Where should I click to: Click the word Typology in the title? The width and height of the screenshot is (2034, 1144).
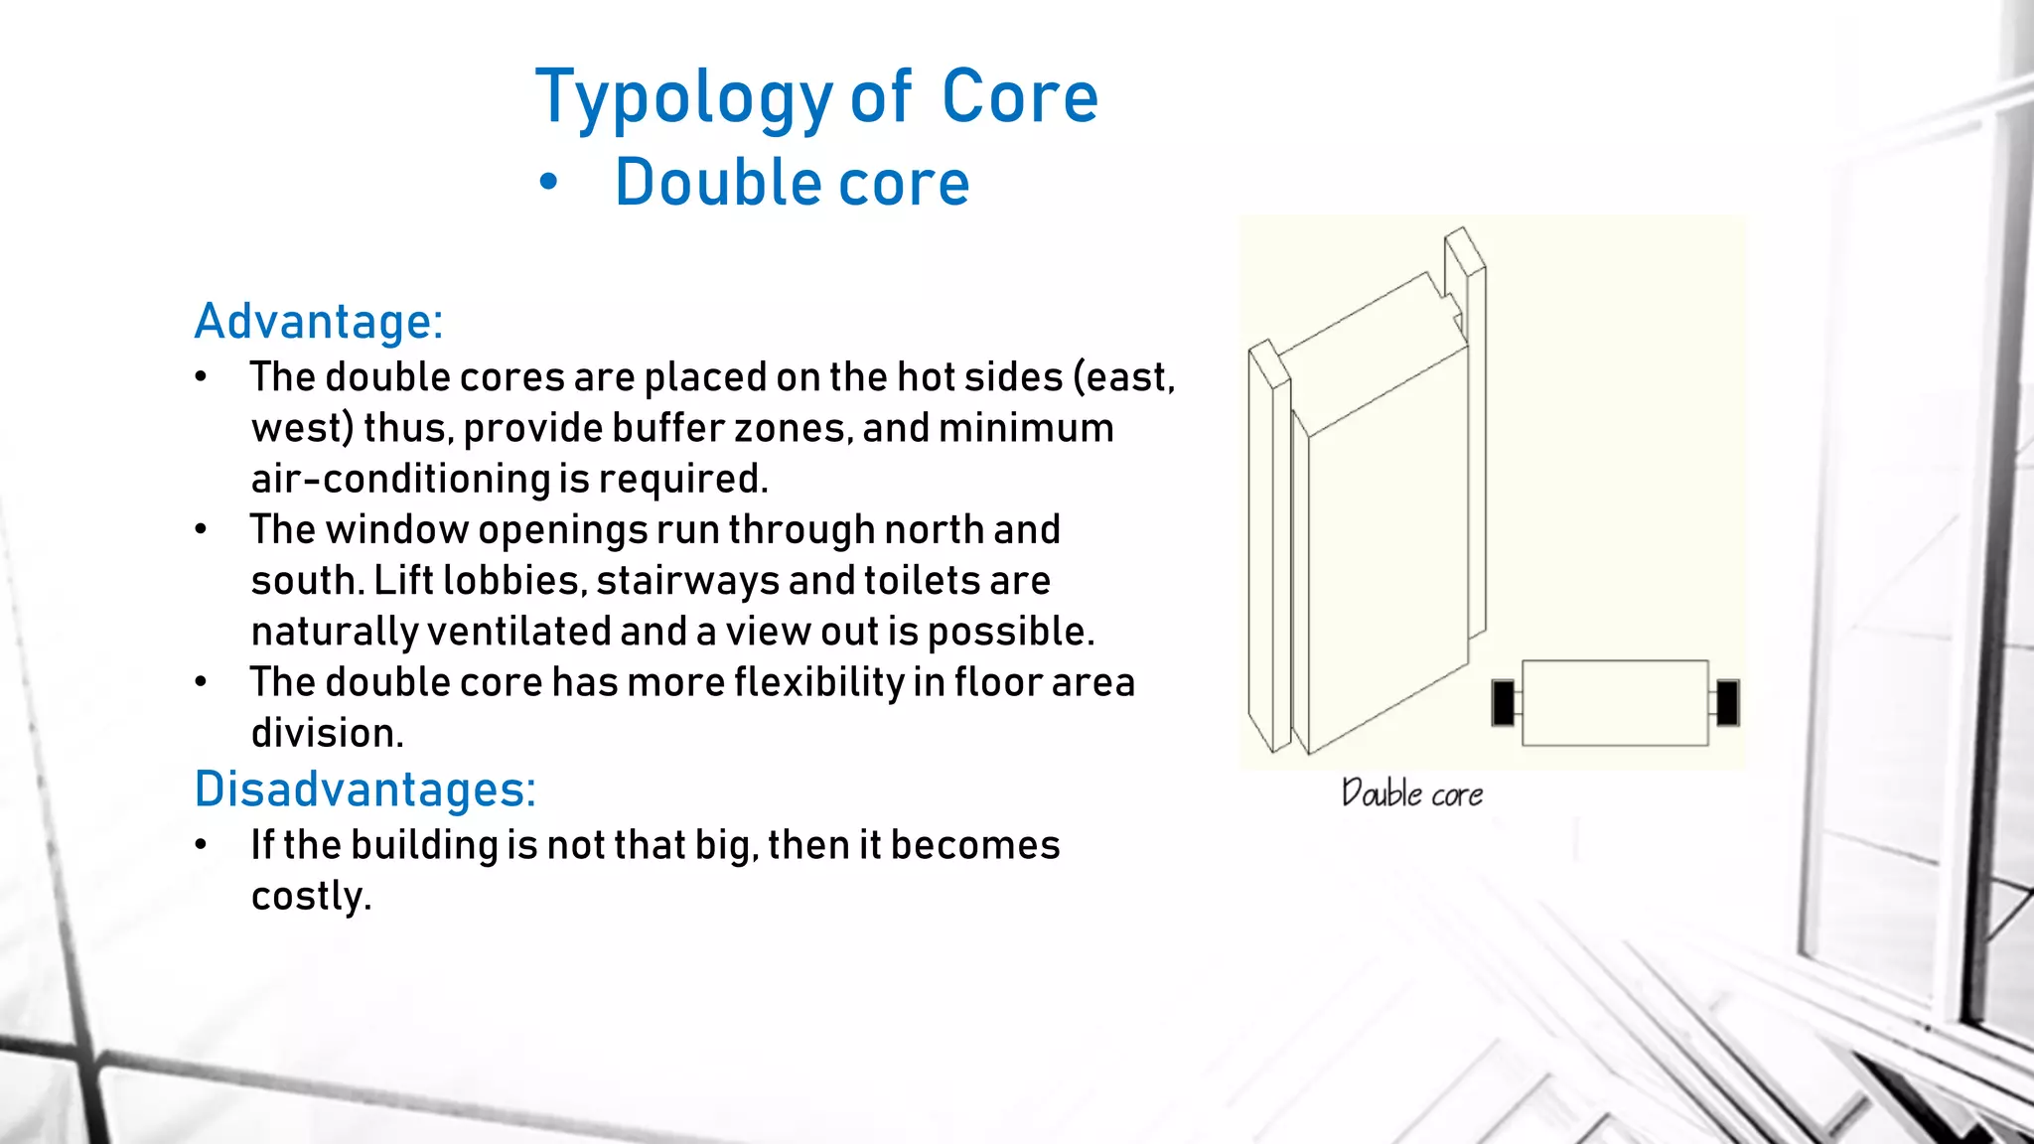[x=683, y=99]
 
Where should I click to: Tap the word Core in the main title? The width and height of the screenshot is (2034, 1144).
[x=1019, y=97]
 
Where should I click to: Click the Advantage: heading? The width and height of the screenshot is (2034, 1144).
[x=319, y=322]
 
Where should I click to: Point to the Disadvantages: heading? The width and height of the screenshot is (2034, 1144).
[x=364, y=789]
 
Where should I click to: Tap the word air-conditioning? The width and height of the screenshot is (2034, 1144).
[x=400, y=479]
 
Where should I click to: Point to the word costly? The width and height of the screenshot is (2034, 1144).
[x=311, y=897]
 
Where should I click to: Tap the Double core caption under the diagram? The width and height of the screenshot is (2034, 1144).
[x=1411, y=794]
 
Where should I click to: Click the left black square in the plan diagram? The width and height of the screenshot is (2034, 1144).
[x=1504, y=703]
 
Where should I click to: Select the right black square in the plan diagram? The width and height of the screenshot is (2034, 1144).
[x=1727, y=703]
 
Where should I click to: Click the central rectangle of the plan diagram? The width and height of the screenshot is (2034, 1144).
[x=1615, y=703]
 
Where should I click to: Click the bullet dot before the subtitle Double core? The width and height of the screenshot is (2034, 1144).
[x=548, y=183]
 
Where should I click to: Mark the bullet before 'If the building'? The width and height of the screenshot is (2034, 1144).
[x=202, y=845]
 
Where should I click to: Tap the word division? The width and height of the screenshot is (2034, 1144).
[x=327, y=734]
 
